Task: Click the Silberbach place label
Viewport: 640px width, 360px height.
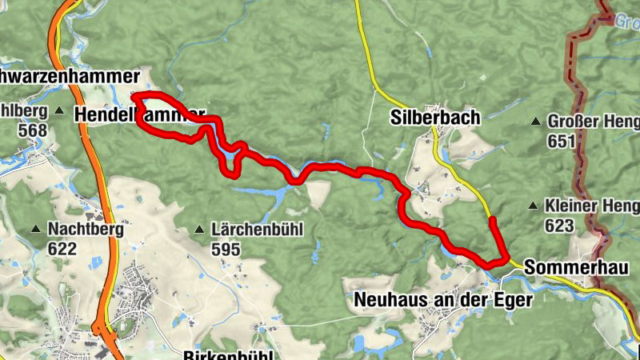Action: tap(435, 117)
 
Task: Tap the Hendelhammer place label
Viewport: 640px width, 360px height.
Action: tap(139, 115)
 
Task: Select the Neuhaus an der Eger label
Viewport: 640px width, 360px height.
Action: tap(442, 299)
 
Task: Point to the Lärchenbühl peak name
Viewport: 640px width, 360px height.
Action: tap(258, 230)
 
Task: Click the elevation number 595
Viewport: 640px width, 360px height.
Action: tap(226, 249)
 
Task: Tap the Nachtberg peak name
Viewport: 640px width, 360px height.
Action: tap(85, 230)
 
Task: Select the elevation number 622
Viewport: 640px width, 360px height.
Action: tap(62, 249)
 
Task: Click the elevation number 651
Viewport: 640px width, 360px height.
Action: tap(562, 141)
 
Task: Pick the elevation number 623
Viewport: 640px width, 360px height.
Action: tap(559, 226)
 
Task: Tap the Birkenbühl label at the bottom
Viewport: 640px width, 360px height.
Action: tap(229, 354)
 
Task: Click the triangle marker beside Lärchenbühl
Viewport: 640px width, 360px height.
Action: tap(199, 230)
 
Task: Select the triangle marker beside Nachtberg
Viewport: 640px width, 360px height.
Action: tap(35, 230)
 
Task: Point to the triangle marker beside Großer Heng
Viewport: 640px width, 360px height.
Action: tap(535, 122)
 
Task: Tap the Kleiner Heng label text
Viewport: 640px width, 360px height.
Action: tap(591, 206)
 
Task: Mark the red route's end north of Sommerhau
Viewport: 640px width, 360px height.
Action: tap(493, 219)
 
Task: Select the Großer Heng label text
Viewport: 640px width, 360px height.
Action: tap(593, 122)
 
